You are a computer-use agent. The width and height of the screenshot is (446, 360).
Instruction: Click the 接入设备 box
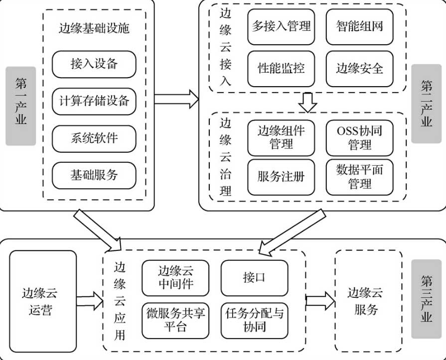point(94,64)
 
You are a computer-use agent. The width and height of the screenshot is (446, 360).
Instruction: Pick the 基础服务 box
point(94,175)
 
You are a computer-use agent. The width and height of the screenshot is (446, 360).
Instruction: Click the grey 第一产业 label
point(20,106)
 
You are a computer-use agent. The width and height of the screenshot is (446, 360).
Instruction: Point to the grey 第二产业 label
point(426,104)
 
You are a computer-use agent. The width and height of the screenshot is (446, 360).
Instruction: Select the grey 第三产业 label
point(426,299)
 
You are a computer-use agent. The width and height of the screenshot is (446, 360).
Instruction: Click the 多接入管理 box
point(281,26)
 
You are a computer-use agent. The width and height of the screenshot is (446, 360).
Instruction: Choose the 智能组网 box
point(359,26)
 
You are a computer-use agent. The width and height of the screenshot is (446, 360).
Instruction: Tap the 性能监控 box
point(281,68)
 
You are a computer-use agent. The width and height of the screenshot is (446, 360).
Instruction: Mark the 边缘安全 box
point(359,68)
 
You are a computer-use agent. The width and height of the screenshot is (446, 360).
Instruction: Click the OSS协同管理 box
point(359,137)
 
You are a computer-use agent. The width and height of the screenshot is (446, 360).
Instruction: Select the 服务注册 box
point(281,177)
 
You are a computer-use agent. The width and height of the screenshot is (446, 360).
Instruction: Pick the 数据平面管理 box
point(359,177)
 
